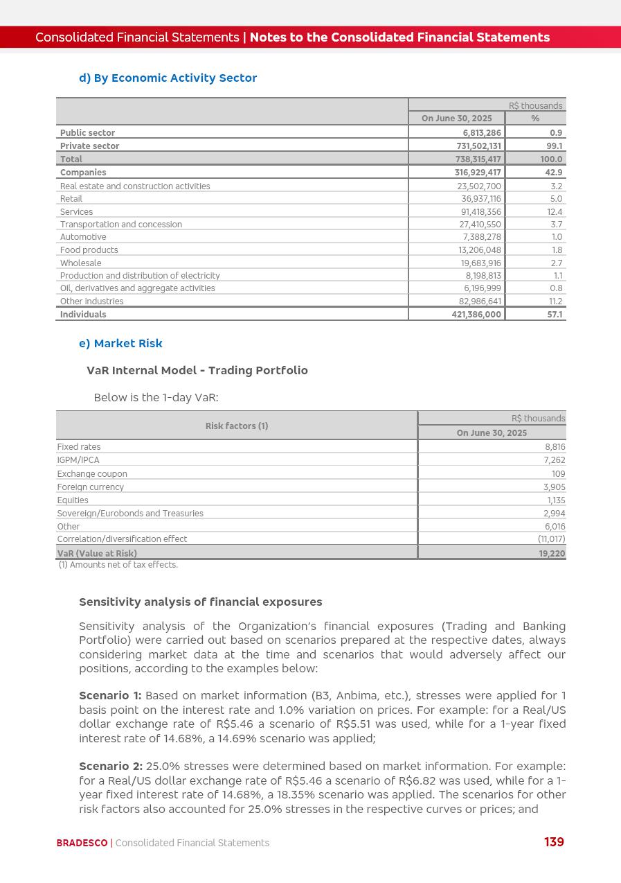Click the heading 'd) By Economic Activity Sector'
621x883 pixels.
click(168, 78)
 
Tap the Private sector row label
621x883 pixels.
click(89, 146)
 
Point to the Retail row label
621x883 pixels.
click(71, 199)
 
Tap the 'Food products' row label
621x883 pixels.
click(89, 250)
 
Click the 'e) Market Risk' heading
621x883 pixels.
click(120, 344)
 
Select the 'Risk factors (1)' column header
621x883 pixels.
click(237, 426)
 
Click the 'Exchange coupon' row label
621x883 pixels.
click(92, 474)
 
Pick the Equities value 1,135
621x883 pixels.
click(556, 500)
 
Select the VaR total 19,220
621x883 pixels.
click(552, 554)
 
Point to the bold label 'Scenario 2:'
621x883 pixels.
click(111, 767)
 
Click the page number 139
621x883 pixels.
click(554, 842)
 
